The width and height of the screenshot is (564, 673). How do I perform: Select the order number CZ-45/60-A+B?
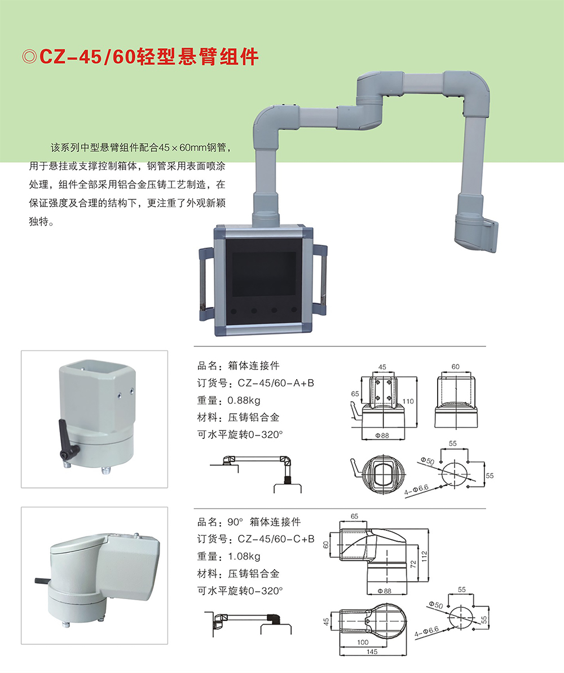click(x=276, y=383)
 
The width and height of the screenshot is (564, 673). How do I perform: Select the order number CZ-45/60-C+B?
click(x=276, y=539)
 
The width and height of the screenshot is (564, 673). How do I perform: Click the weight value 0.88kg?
click(x=243, y=401)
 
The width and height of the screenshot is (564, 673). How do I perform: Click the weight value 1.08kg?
click(x=243, y=557)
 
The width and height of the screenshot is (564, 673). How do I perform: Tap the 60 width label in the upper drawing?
click(x=455, y=367)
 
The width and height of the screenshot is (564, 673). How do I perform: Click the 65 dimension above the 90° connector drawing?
click(x=355, y=516)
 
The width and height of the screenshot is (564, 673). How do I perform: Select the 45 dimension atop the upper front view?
click(x=382, y=367)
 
